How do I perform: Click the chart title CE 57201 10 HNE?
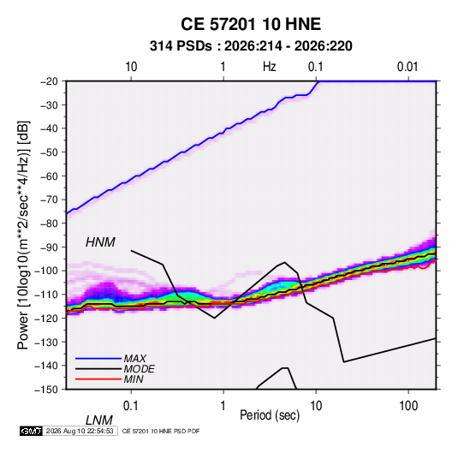tap(251, 24)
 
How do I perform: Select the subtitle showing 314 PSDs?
tap(251, 46)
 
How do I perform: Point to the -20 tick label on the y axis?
tap(49, 81)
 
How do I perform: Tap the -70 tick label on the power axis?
tap(49, 200)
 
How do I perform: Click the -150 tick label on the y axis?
tap(46, 390)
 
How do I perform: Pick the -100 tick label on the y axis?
tap(46, 271)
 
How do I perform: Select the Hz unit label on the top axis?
tap(270, 67)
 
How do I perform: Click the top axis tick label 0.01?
tap(407, 67)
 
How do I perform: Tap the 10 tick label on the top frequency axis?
tap(131, 67)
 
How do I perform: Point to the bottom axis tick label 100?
tap(408, 406)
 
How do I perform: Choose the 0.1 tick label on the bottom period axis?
tap(131, 406)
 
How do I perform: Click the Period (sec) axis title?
tap(270, 415)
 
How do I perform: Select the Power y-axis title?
tap(23, 235)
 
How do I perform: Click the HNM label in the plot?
tap(100, 242)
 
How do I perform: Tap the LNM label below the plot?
tap(99, 420)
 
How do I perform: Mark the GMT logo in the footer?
tap(32, 431)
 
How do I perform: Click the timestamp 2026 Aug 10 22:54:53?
tap(80, 431)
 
